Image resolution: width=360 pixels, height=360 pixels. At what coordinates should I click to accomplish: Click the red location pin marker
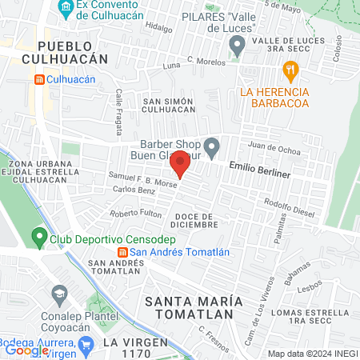pos(180,164)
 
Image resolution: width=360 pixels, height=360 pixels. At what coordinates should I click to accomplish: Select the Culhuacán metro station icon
pos(39,79)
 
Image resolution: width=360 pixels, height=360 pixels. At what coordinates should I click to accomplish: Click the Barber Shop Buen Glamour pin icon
pos(211,146)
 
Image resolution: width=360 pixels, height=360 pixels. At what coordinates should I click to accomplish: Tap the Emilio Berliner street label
pos(259,172)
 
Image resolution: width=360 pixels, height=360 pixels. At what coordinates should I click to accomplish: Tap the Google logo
pos(26,350)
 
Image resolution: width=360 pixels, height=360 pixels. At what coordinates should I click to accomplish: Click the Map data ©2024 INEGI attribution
pos(311,353)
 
